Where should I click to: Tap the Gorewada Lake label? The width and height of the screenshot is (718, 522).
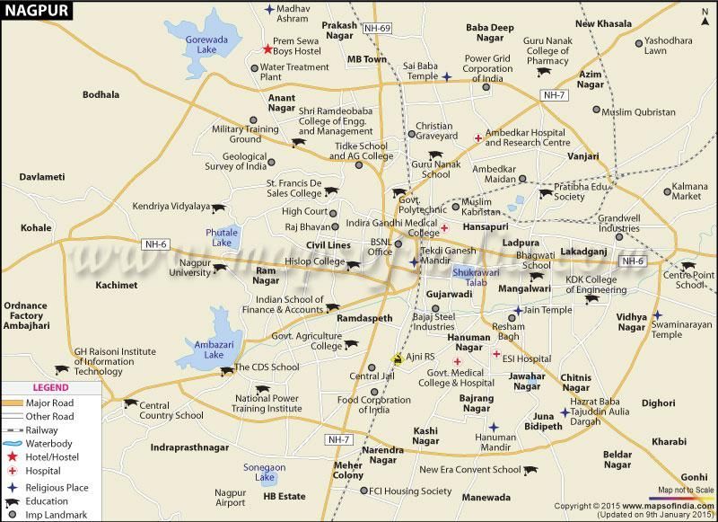pyautogui.click(x=196, y=47)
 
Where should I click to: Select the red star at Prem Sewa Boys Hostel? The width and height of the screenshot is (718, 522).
pyautogui.click(x=267, y=50)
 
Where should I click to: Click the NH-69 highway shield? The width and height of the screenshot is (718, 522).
pyautogui.click(x=378, y=29)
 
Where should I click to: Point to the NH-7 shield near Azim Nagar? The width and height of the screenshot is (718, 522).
pyautogui.click(x=554, y=95)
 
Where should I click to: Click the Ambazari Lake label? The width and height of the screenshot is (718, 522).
pyautogui.click(x=203, y=349)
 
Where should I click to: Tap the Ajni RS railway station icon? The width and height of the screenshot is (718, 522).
pyautogui.click(x=396, y=357)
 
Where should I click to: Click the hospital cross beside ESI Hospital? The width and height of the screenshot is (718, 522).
pyautogui.click(x=495, y=354)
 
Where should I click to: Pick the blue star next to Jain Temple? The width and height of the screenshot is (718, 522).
pyautogui.click(x=518, y=311)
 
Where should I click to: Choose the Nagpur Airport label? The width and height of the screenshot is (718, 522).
pyautogui.click(x=230, y=498)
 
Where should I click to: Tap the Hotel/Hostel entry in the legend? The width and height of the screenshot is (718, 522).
pyautogui.click(x=54, y=457)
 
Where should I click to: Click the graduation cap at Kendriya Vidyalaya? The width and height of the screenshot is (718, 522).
pyautogui.click(x=219, y=208)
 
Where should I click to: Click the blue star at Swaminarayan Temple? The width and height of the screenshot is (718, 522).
pyautogui.click(x=657, y=315)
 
